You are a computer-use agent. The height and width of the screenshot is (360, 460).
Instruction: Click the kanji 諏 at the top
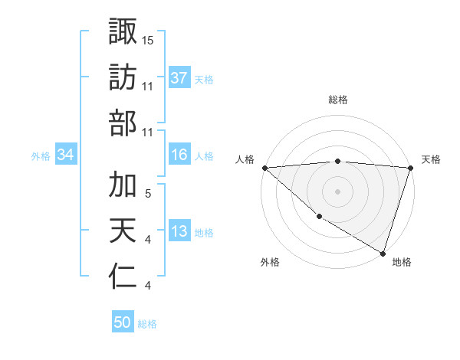123,31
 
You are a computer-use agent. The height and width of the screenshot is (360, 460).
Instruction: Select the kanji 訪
123,77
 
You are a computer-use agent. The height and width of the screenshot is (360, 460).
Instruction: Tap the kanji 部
123,123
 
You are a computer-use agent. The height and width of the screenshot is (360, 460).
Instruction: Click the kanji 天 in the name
123,231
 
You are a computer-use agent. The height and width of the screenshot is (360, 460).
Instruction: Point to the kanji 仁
123,277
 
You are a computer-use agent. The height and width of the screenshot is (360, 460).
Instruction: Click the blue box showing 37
179,78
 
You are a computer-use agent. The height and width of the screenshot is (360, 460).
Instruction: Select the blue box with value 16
179,155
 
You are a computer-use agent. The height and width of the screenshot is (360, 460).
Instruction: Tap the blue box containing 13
179,231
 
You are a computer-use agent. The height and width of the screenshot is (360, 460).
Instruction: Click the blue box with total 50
123,322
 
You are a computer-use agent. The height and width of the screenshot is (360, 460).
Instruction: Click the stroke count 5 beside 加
147,193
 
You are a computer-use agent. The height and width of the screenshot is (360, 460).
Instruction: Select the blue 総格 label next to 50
147,324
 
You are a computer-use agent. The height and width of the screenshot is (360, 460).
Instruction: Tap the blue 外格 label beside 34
41,156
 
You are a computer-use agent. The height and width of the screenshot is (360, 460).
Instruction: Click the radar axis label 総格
338,100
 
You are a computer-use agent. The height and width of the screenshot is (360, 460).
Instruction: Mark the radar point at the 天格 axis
410,168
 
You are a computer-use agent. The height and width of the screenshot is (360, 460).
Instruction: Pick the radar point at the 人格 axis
264,168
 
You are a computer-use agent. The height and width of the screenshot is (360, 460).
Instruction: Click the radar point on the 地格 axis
383,252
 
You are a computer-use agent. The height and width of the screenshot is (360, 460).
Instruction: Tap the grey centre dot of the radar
337,191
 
